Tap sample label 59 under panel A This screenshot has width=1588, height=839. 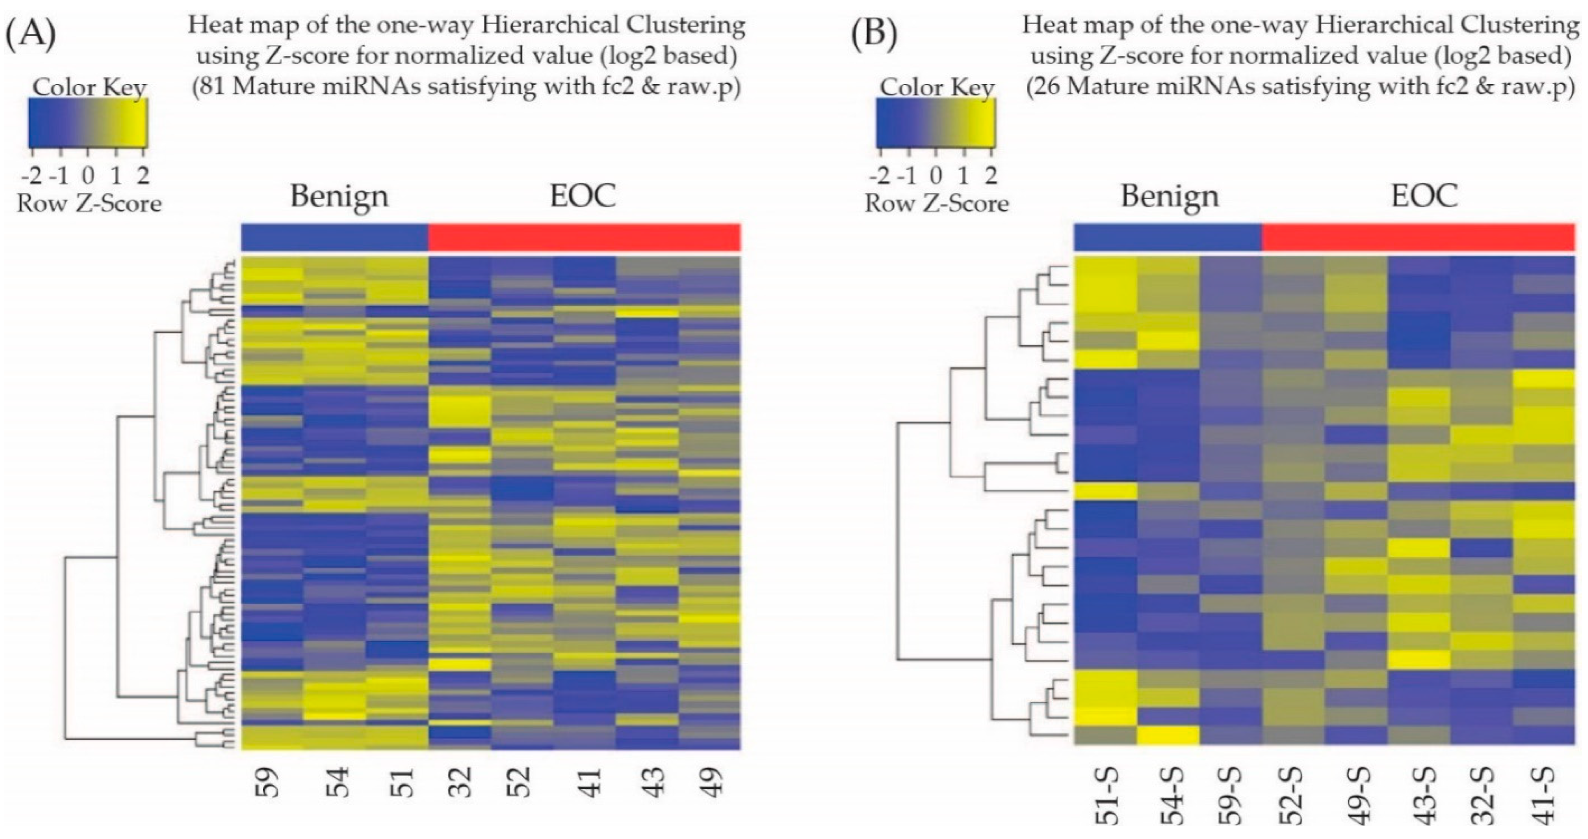(x=269, y=783)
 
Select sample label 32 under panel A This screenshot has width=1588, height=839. (x=461, y=783)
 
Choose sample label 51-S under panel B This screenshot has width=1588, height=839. (x=1107, y=795)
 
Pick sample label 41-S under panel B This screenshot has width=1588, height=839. (x=1545, y=795)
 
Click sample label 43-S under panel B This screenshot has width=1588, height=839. (x=1420, y=795)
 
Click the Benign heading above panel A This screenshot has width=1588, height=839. (x=339, y=196)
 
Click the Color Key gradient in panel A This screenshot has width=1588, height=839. (x=88, y=123)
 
